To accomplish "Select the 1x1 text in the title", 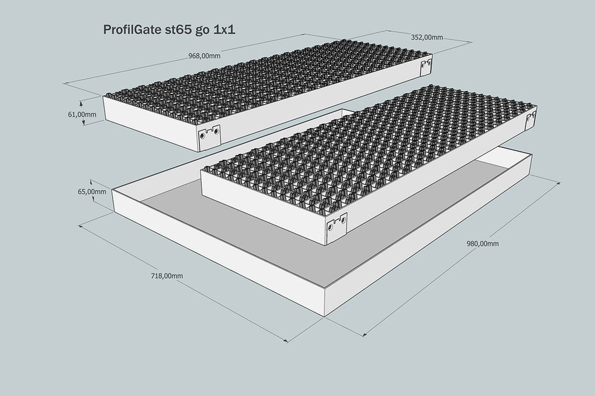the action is coord(225,30).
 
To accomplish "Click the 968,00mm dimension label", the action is coord(204,56).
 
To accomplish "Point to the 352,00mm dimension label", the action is coord(426,37).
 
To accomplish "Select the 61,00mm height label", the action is coord(82,114).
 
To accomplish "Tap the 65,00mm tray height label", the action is coord(92,191).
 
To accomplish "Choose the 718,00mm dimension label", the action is coord(167,276).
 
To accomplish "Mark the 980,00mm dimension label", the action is coord(482,244).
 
